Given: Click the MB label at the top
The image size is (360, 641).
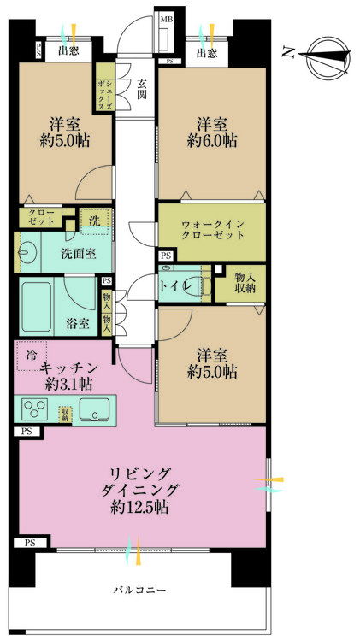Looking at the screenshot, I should coord(167,18).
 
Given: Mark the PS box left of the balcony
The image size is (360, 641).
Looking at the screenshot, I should coord(30,543).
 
